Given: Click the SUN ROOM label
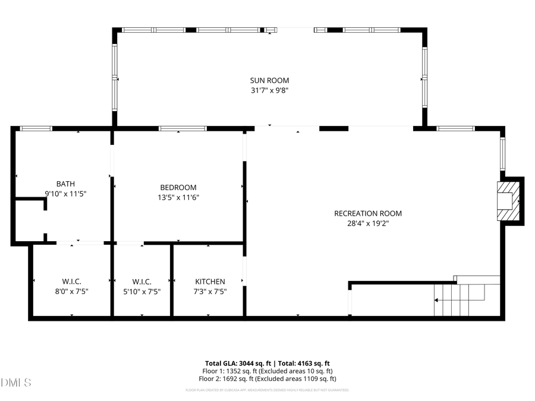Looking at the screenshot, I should click(269, 80).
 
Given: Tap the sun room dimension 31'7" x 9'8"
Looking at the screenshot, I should click(269, 90).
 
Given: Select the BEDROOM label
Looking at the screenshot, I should click(178, 187).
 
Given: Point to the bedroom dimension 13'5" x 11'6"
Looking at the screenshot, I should click(178, 197).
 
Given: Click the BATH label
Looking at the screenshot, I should click(65, 184).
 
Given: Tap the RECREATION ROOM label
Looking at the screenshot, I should click(368, 213).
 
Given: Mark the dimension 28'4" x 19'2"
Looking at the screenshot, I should click(368, 223).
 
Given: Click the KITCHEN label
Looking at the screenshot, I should click(210, 281).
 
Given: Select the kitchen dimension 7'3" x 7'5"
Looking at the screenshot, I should click(210, 291).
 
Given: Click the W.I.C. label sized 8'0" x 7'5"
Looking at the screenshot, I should click(71, 281).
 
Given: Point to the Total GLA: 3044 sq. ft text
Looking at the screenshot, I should click(234, 363).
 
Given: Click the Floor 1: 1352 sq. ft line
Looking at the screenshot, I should click(267, 371).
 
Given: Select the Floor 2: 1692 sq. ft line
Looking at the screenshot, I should click(267, 378).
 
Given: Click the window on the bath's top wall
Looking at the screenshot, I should click(36, 128).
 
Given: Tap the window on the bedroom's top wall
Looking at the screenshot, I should click(182, 128).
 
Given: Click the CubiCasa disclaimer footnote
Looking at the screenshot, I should click(267, 390).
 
